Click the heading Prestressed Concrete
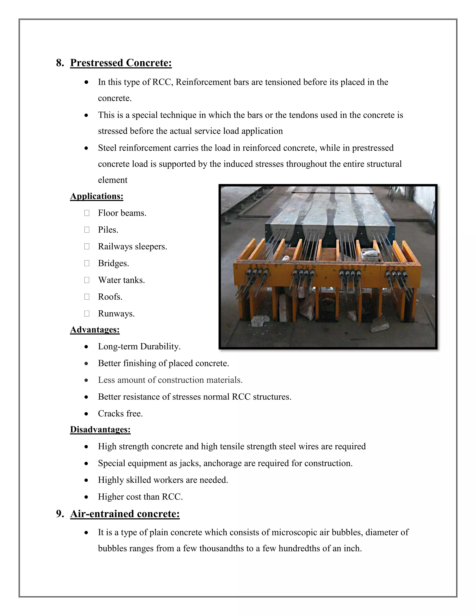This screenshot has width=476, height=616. pyautogui.click(x=121, y=63)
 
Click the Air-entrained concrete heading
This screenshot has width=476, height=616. pyautogui.click(x=125, y=514)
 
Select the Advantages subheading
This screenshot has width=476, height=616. pyautogui.click(x=95, y=329)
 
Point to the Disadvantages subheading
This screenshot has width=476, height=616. pyautogui.click(x=100, y=430)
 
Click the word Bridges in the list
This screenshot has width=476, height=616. pyautogui.click(x=113, y=263)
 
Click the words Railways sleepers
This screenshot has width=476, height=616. pyautogui.click(x=132, y=246)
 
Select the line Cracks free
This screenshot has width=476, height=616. pyautogui.click(x=120, y=414)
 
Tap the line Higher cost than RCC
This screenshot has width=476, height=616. pyautogui.click(x=140, y=497)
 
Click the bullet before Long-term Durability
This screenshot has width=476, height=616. pyautogui.click(x=86, y=347)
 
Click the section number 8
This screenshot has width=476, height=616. pyautogui.click(x=59, y=63)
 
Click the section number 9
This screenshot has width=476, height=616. pyautogui.click(x=59, y=514)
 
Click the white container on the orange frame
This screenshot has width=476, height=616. pyautogui.click(x=371, y=255)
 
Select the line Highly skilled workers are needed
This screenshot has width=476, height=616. pyautogui.click(x=163, y=480)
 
